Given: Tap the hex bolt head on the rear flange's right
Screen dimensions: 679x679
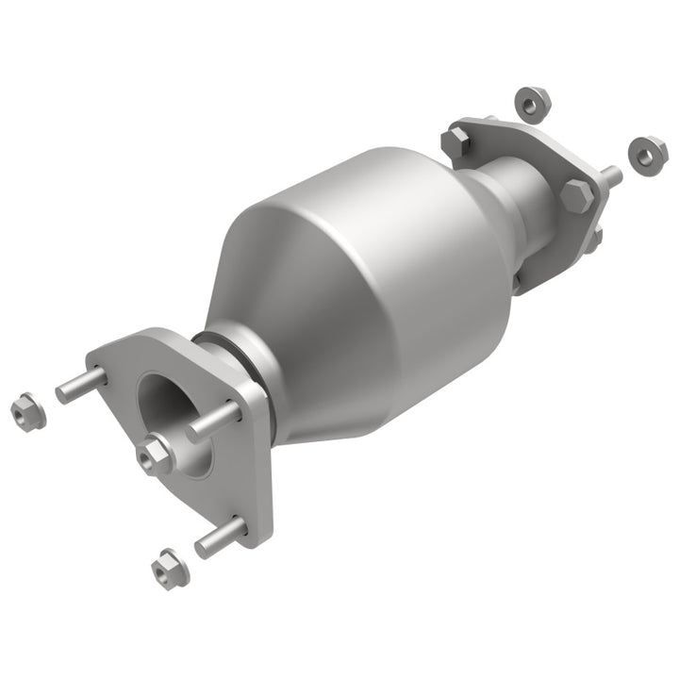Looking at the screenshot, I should (576, 195).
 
